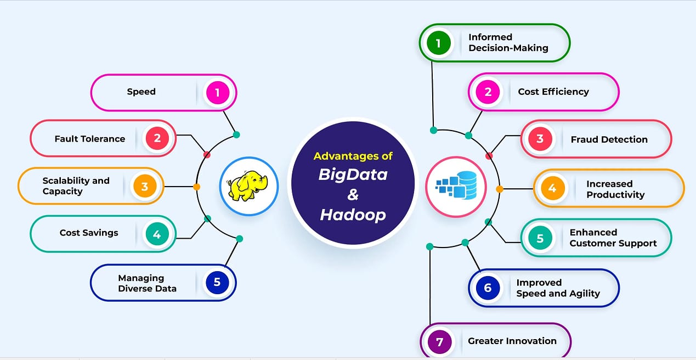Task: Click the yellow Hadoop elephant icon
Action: pos(248,186)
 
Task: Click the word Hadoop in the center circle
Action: pos(353,215)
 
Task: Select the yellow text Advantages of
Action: pos(353,156)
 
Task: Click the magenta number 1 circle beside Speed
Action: pos(217,92)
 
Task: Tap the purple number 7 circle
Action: pos(439,341)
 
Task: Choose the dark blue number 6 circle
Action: pos(488,288)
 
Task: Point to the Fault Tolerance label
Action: pos(89,139)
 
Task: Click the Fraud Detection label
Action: pos(609,139)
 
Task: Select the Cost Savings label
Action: pos(89,233)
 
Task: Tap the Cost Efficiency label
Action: pos(553,92)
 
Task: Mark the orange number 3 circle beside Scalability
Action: pos(145,187)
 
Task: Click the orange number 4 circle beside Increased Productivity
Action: pos(552,188)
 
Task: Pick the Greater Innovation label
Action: pos(512,341)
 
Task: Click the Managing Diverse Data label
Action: pos(147,283)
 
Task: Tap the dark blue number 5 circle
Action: pos(217,282)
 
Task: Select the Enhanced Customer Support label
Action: pos(613,238)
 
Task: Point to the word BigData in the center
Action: pos(353,175)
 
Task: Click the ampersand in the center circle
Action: pos(352,195)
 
